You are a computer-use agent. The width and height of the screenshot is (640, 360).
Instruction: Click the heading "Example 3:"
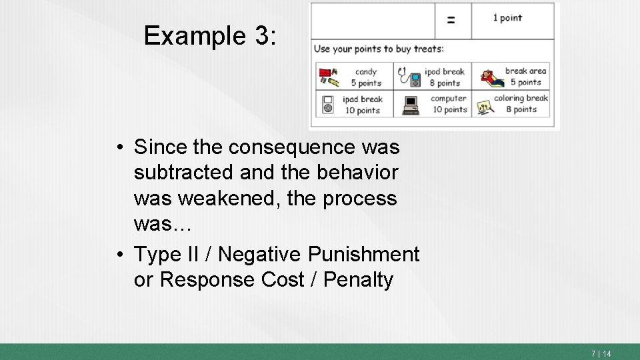click(209, 36)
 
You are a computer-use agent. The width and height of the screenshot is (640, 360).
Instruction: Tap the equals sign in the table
click(451, 20)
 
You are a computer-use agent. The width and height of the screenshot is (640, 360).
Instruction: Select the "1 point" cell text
click(507, 18)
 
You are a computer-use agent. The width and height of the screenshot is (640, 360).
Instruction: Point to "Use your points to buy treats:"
click(379, 49)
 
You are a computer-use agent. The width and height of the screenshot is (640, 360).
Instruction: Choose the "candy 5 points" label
click(366, 77)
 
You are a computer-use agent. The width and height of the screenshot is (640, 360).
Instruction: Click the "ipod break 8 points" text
click(445, 77)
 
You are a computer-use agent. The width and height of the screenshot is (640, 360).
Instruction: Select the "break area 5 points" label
click(525, 77)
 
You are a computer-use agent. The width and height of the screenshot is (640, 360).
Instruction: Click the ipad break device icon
click(328, 105)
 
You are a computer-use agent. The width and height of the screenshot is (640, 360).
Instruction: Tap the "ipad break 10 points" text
click(363, 105)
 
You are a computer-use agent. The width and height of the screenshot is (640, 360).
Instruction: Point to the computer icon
click(411, 105)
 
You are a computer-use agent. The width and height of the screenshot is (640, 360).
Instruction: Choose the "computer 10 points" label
click(448, 104)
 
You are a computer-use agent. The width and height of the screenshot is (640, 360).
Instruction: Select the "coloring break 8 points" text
click(521, 103)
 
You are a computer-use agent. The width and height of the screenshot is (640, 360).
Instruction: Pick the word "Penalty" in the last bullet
click(358, 280)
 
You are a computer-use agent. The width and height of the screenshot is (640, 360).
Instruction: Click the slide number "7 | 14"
click(601, 353)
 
